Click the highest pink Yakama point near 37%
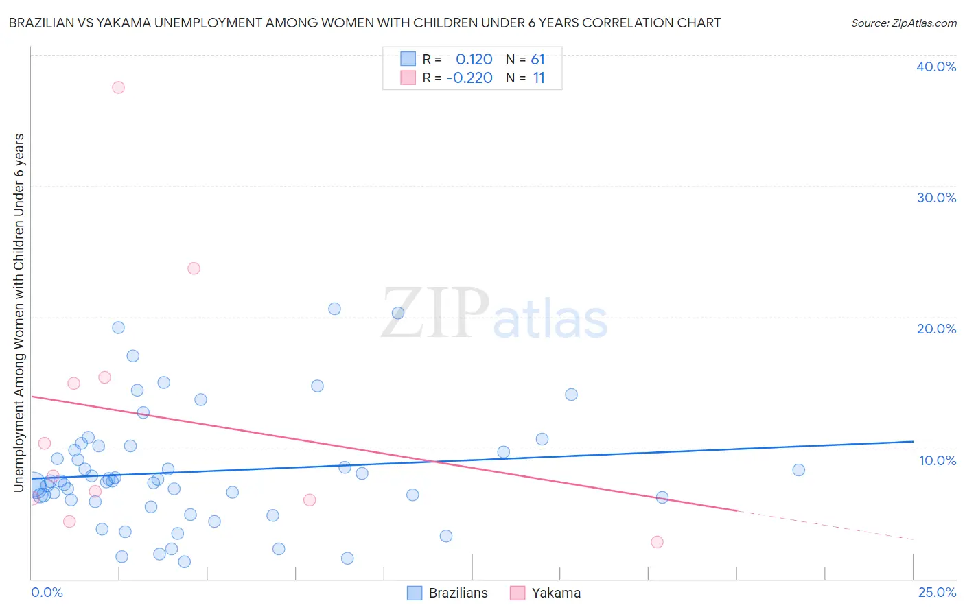point(118,87)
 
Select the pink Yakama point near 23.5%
point(194,268)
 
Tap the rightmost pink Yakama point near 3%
point(657,542)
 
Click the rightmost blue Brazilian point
point(798,470)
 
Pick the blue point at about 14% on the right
point(571,395)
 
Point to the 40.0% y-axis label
point(936,67)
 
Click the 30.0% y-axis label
point(936,198)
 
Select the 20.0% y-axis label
point(936,329)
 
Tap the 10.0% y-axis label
point(938,460)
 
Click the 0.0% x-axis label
point(47,593)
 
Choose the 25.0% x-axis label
point(937,593)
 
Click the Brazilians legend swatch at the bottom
point(415,593)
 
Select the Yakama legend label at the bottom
point(556,593)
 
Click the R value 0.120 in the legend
point(474,60)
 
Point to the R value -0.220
point(469,78)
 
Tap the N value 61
point(537,60)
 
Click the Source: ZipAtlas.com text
point(903,23)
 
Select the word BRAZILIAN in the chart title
point(45,23)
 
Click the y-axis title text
point(19,312)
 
